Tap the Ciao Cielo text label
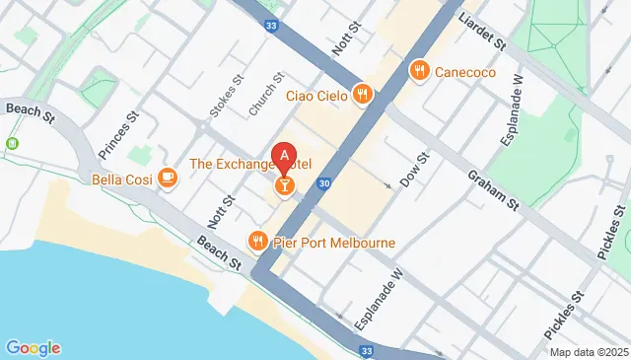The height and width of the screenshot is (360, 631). pyautogui.click(x=317, y=95)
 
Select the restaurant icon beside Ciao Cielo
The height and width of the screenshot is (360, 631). pyautogui.click(x=364, y=95)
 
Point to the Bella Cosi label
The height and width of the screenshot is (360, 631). pyautogui.click(x=119, y=180)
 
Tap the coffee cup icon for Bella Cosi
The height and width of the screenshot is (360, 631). pyautogui.click(x=168, y=179)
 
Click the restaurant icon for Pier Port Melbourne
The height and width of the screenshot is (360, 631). pyautogui.click(x=258, y=241)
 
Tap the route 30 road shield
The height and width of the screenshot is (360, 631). pyautogui.click(x=323, y=183)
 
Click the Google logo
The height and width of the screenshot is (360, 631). pyautogui.click(x=33, y=347)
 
